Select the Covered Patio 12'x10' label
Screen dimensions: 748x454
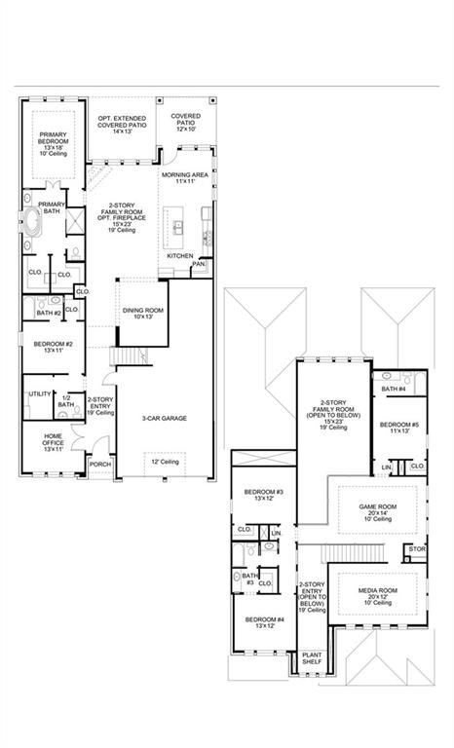click(185, 123)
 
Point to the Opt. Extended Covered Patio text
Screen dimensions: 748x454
click(122, 123)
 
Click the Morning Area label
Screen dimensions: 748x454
click(185, 177)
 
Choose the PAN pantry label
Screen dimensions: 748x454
click(198, 263)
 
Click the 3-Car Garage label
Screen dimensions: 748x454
click(164, 418)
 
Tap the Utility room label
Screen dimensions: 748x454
click(40, 393)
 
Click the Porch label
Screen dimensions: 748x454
click(99, 465)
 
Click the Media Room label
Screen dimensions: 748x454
click(376, 593)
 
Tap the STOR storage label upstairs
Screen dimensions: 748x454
click(417, 549)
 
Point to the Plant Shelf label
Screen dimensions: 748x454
click(312, 658)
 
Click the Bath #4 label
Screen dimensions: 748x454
click(394, 389)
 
